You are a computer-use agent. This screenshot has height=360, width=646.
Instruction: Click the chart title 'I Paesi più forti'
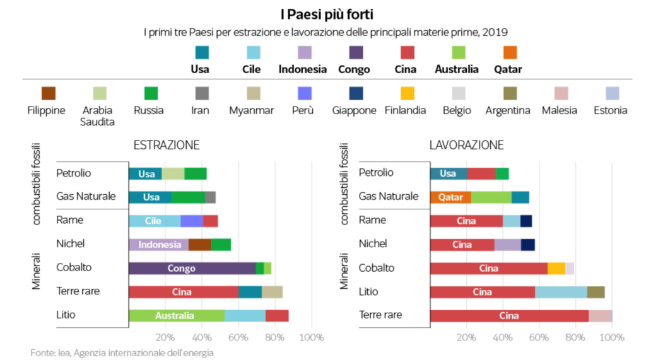322,13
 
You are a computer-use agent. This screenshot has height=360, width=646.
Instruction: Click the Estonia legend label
610,110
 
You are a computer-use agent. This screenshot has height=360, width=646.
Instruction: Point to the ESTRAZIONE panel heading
167,145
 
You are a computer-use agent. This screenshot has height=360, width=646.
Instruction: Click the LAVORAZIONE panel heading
466,145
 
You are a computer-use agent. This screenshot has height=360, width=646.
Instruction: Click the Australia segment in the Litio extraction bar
176,315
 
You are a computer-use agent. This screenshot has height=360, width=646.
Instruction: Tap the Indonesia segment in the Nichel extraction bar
158,245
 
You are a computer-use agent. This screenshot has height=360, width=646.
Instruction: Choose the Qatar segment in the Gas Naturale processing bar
450,197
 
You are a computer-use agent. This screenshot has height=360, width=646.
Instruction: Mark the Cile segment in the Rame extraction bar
154,221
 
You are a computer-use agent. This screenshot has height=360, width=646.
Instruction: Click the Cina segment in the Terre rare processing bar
509,315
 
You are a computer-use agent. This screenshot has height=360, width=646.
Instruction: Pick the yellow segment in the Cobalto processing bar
556,268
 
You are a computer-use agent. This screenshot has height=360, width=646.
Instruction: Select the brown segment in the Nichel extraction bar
199,245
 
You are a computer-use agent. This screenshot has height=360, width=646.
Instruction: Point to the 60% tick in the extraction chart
238,337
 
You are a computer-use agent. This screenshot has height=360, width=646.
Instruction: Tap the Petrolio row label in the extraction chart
74,173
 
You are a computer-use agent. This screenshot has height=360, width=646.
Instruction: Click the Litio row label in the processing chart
370,291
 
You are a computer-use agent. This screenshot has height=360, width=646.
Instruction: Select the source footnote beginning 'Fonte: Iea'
122,352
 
